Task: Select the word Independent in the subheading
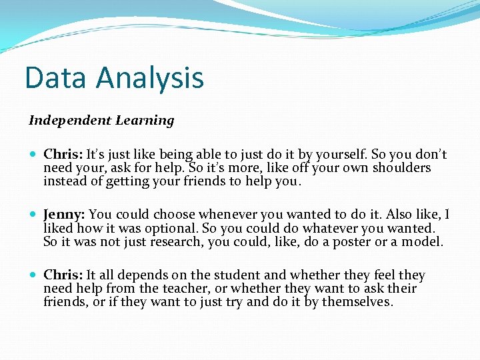tap(69, 121)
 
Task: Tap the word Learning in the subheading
tap(145, 121)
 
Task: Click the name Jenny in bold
tap(63, 215)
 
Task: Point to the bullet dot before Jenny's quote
tap(34, 215)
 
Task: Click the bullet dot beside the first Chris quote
tap(34, 155)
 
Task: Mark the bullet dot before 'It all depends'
tap(34, 275)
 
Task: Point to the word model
tap(424, 241)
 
